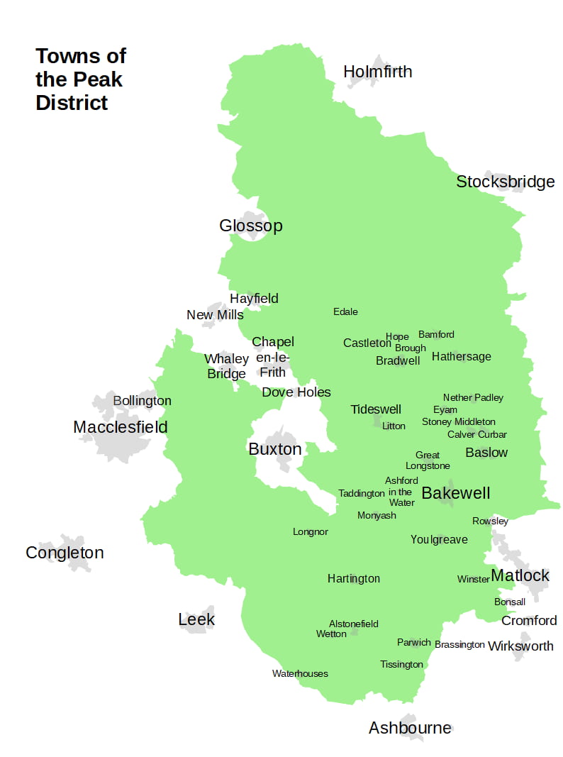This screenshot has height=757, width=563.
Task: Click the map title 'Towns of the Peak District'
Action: tap(81, 79)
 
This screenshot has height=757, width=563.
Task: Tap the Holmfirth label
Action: tap(377, 72)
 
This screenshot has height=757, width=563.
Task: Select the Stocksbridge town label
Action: tap(505, 182)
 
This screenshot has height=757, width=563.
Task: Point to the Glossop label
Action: tap(250, 226)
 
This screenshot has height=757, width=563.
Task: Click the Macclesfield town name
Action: tap(121, 427)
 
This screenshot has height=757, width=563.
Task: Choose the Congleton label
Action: tap(65, 553)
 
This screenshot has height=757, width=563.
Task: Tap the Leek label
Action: tap(196, 619)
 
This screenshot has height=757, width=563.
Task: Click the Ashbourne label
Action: tap(410, 728)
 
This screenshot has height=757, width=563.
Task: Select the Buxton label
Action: tap(274, 449)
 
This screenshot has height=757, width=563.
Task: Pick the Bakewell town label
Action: tap(455, 493)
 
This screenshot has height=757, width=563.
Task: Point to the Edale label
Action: tap(345, 311)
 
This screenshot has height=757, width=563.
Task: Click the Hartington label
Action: tap(353, 579)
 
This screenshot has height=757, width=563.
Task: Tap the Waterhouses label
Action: tap(300, 673)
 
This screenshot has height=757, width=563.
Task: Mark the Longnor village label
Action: tap(310, 531)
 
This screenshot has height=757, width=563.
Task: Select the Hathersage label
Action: tap(461, 356)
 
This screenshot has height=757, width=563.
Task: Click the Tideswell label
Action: tap(376, 409)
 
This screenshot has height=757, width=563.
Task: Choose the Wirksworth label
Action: tap(520, 646)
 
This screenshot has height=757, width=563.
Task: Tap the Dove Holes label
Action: tap(296, 392)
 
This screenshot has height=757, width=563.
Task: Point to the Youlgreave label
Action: tap(439, 540)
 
